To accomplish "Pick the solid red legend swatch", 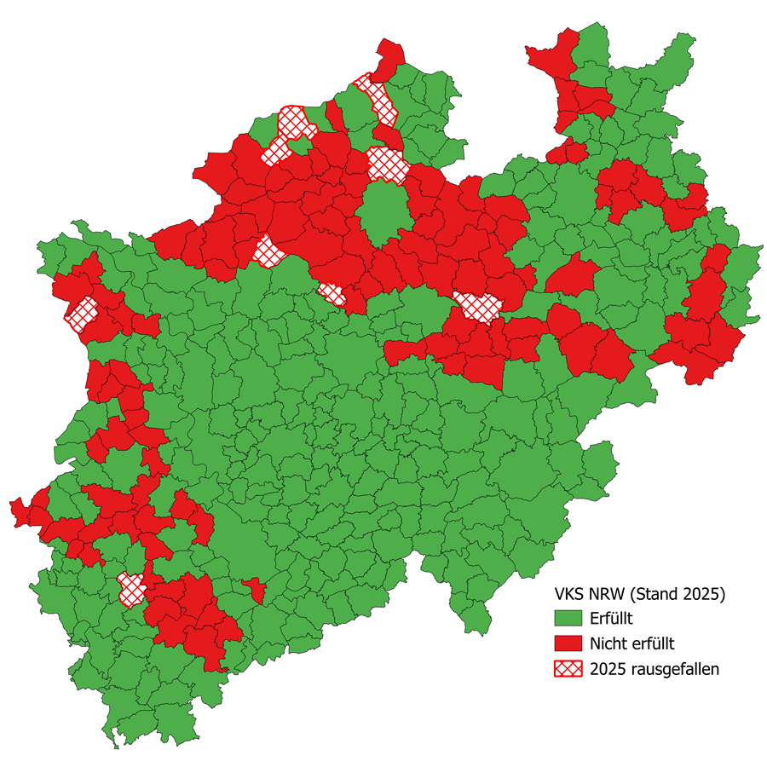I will point(568,643).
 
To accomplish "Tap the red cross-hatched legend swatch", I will point(568,668).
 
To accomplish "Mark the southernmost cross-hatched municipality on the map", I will point(130,589).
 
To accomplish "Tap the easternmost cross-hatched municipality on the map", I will point(478,306).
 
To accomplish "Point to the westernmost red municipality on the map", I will point(19,510).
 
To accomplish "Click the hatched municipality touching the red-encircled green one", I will point(386,164).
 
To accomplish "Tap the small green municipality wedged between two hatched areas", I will point(301,146).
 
